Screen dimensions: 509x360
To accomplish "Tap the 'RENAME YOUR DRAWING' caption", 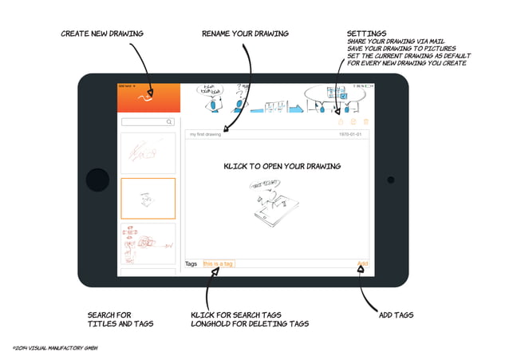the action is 245,34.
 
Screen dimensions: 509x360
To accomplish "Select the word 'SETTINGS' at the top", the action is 367,34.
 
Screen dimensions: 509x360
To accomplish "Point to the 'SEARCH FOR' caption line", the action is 109,315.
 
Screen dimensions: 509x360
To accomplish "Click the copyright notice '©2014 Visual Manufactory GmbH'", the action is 54,349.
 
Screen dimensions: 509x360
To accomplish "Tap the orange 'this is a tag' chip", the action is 219,263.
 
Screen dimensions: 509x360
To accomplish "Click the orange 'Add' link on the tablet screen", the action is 362,263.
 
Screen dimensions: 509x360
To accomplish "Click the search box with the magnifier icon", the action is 148,122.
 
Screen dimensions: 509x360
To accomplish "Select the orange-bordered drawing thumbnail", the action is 148,198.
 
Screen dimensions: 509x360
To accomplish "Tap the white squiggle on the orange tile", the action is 145,98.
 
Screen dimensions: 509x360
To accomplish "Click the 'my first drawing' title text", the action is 205,135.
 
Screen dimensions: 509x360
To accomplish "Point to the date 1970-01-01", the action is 352,135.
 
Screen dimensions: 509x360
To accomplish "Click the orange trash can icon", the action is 365,121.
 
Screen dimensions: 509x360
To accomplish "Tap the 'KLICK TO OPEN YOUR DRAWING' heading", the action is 282,166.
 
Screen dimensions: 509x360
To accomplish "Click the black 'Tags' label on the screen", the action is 191,263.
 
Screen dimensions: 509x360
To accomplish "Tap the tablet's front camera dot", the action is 391,180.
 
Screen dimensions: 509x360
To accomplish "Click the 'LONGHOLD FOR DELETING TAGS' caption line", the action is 250,324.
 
